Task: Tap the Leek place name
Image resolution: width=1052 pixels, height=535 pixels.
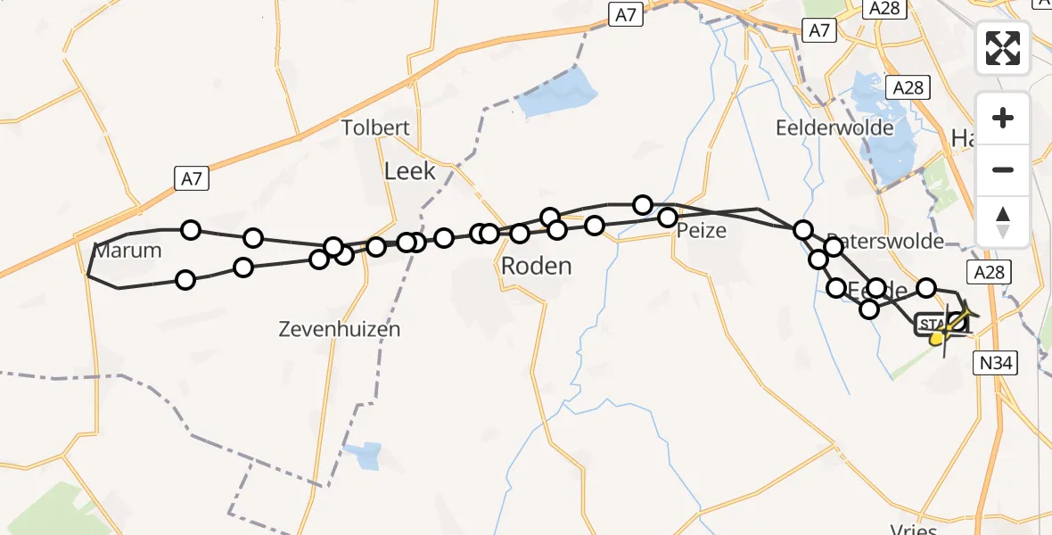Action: point(410,170)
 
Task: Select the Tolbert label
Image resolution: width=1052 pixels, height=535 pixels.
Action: point(375,128)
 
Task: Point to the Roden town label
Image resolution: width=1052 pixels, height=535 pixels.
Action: point(536,266)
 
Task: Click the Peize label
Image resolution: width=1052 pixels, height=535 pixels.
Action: point(701,231)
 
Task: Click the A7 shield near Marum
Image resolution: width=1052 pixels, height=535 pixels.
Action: point(193,179)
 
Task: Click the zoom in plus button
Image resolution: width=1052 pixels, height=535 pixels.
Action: point(1003,118)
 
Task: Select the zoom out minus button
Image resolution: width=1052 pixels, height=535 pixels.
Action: point(1003,169)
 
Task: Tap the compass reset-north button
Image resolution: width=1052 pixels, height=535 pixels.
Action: point(1003,221)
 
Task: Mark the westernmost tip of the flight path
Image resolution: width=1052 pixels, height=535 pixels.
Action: point(87,276)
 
